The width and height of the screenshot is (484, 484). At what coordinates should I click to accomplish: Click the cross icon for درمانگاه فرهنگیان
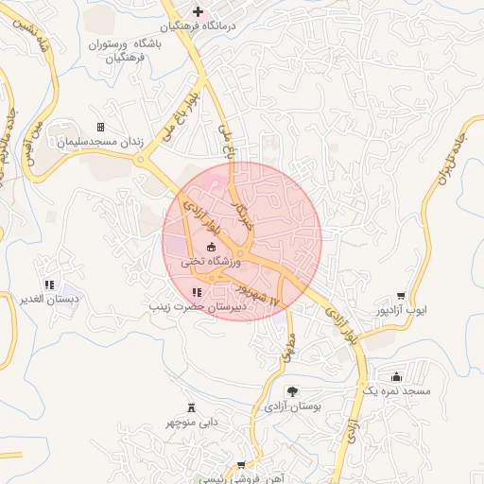(x=198, y=12)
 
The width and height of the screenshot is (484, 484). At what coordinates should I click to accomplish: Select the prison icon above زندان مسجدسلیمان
(x=100, y=127)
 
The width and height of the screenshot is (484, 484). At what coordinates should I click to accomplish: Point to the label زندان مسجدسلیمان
(x=100, y=143)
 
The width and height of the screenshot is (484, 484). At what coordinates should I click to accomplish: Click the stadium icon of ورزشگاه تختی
(x=211, y=248)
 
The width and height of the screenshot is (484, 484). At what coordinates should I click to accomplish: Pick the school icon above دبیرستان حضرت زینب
(x=196, y=293)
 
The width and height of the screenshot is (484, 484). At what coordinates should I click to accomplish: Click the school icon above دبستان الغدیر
(x=49, y=285)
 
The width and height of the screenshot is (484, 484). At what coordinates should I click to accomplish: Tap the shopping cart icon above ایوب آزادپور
(x=402, y=295)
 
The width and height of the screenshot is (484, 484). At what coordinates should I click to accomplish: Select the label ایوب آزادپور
(x=402, y=310)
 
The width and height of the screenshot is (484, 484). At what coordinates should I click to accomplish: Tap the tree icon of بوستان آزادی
(x=292, y=390)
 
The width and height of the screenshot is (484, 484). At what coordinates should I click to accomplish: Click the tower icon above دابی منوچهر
(x=193, y=407)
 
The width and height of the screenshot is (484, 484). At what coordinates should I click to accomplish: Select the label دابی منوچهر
(x=193, y=423)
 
